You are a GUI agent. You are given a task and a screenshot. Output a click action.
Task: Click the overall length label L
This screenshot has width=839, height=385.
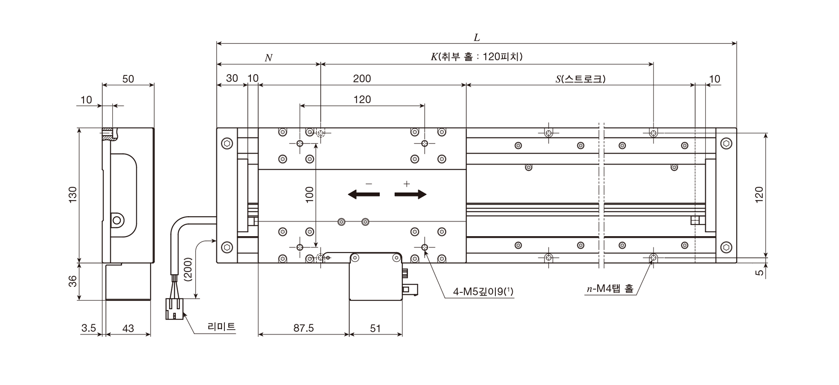tap(477, 38)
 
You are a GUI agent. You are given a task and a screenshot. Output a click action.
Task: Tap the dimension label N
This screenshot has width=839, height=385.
tap(268, 58)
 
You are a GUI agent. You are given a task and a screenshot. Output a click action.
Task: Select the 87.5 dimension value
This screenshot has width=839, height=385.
tap(303, 328)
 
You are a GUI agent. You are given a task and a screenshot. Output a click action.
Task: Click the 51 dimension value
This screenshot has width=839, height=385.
tap(375, 328)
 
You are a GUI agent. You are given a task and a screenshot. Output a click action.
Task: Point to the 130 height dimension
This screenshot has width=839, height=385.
tap(73, 195)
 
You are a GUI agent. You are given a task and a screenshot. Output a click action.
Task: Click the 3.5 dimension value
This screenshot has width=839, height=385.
tap(89, 328)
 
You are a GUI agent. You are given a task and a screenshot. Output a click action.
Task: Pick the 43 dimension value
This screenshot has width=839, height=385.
tap(128, 328)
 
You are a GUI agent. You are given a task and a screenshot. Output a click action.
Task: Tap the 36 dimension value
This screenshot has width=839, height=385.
tap(73, 281)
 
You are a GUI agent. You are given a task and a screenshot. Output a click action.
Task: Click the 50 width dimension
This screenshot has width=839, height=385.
tap(128, 79)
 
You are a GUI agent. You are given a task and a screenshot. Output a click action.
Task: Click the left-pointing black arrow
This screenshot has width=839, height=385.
tap(364, 194)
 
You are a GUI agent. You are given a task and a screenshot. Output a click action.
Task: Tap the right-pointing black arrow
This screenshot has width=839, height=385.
tap(411, 194)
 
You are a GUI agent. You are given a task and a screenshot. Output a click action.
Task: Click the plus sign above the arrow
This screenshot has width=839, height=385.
tap(406, 183)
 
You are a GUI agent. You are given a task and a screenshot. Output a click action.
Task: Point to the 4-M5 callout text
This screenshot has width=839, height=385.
tap(483, 292)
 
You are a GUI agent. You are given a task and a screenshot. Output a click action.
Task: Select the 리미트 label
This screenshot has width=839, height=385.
tap(221, 327)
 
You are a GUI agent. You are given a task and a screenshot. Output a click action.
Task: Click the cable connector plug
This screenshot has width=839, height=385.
tap(174, 309)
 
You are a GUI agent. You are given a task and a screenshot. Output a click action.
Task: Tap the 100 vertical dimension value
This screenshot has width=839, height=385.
tap(310, 195)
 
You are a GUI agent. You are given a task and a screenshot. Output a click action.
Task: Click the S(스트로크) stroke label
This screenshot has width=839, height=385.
tap(580, 79)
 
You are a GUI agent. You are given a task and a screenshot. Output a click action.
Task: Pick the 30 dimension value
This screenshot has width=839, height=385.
tap(232, 78)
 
